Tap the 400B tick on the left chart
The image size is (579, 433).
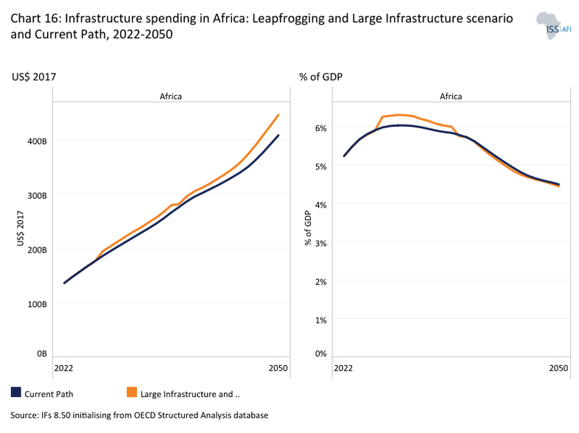point(38,139)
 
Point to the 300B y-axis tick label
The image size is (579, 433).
point(38,195)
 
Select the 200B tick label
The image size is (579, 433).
point(38,250)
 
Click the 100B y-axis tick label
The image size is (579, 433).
point(38,303)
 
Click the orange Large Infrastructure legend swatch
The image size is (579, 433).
point(132,393)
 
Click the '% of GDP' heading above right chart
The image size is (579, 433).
point(320,77)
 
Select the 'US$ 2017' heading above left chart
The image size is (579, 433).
point(34,77)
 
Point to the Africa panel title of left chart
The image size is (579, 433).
point(170,96)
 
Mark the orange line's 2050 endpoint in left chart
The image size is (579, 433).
point(278,115)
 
